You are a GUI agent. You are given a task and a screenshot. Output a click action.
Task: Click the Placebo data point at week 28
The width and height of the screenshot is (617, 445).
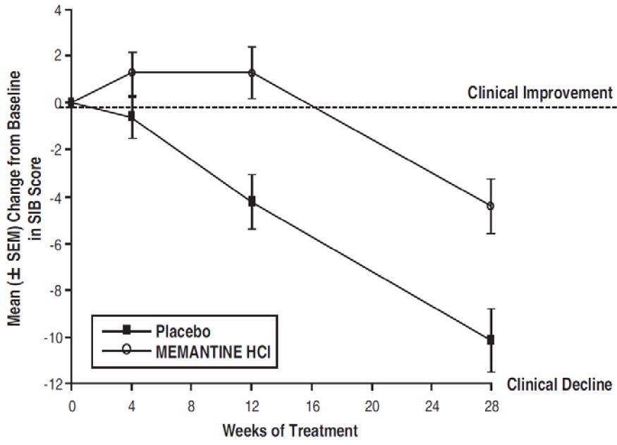491,339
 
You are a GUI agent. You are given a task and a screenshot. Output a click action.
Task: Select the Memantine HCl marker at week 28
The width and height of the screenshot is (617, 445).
491,206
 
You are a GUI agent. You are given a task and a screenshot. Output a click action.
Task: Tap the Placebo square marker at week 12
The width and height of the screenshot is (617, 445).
252,201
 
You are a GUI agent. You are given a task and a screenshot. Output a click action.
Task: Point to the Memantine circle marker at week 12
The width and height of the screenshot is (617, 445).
252,72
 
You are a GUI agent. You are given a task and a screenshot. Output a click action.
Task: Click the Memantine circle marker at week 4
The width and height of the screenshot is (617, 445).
132,72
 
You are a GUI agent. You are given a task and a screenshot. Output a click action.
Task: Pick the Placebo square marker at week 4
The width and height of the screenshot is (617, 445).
132,116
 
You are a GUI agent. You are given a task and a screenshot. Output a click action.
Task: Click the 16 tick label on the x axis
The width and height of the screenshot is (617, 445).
312,406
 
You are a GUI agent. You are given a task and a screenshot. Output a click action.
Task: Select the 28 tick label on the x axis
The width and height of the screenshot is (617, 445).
491,406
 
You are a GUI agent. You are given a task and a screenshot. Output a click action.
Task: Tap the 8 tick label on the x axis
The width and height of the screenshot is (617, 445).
192,406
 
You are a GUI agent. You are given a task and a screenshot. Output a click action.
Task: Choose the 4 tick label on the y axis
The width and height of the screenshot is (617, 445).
57,11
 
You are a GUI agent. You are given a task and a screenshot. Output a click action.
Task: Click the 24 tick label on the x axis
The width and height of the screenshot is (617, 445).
432,406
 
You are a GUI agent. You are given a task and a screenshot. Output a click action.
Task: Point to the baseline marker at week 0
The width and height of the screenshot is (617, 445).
71,103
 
